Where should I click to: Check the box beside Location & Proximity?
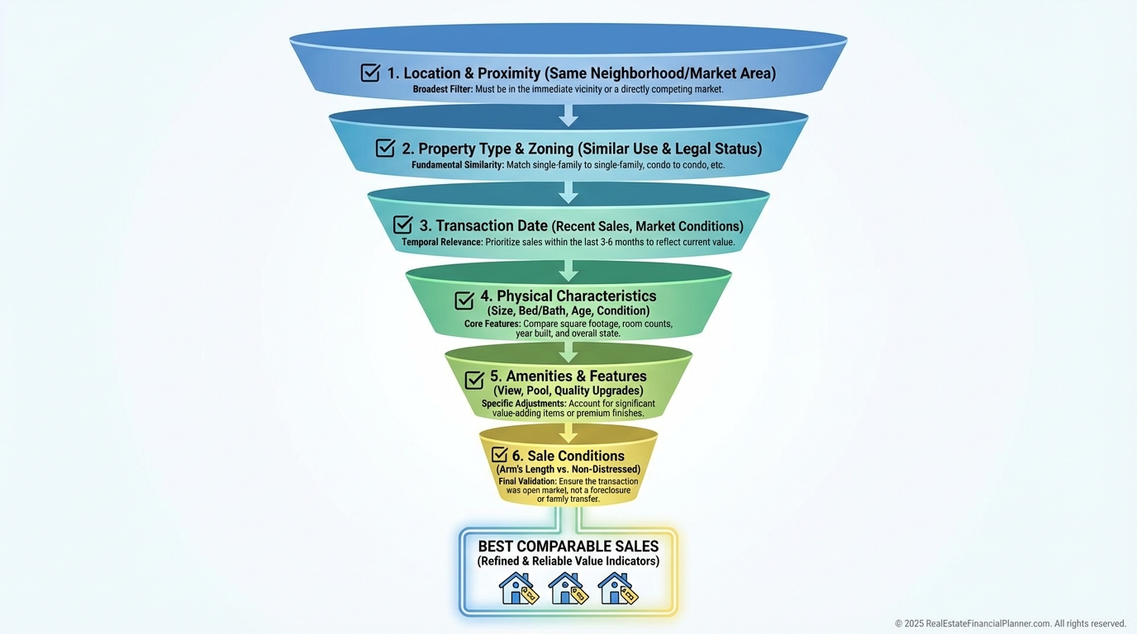point(370,73)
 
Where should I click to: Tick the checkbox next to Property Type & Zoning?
point(385,148)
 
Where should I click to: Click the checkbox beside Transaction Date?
point(402,225)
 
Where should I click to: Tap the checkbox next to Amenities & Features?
point(474,380)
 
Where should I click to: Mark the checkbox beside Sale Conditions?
point(499,455)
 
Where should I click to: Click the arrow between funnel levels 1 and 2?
point(568,114)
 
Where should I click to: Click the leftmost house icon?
point(518,589)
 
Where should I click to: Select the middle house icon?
point(568,589)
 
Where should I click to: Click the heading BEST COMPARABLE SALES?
point(568,546)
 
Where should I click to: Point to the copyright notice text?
point(1010,623)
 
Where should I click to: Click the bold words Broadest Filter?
point(442,88)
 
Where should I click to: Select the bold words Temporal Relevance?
point(441,242)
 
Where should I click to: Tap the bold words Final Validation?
point(527,480)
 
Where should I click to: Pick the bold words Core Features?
point(492,324)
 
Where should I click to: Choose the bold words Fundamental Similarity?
point(457,165)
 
